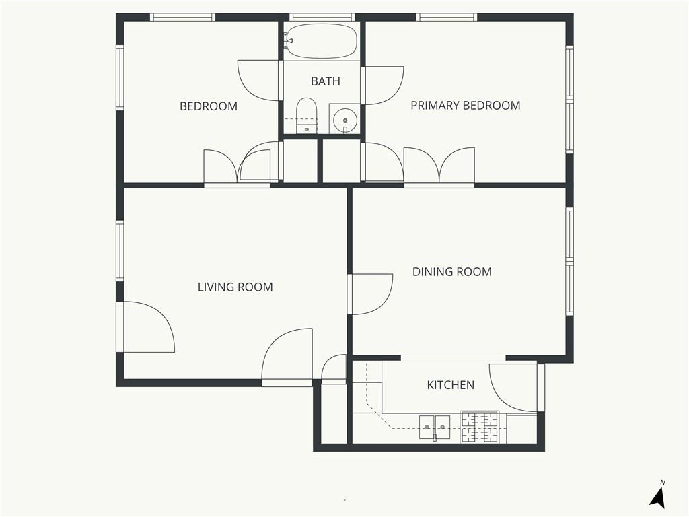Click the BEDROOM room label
209,106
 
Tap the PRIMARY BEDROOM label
466,106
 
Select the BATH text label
326,81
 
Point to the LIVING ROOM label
235,287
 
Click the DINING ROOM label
451,272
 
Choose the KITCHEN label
450,385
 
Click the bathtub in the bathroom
321,41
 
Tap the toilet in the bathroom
306,115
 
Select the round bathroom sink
345,120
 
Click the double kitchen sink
435,427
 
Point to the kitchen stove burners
479,427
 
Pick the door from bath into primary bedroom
382,85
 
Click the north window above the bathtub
322,17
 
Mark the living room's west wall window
120,250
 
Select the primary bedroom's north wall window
447,17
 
